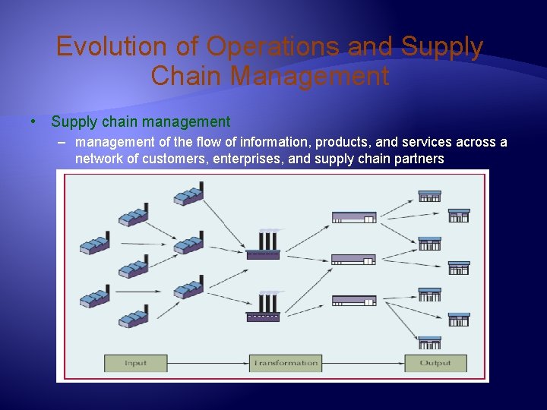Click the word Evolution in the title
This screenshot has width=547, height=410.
[110, 47]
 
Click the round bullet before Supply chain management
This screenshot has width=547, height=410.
[33, 121]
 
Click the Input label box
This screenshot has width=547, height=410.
[135, 363]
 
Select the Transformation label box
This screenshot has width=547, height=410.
[285, 363]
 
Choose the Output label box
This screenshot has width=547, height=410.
[435, 363]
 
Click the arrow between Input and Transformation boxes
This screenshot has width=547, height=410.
[208, 363]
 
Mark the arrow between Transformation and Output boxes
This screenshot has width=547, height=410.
[362, 363]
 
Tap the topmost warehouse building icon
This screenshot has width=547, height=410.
[354, 217]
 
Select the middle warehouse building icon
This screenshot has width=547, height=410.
[354, 259]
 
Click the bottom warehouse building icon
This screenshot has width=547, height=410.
[354, 301]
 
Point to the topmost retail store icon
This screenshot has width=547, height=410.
[430, 196]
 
